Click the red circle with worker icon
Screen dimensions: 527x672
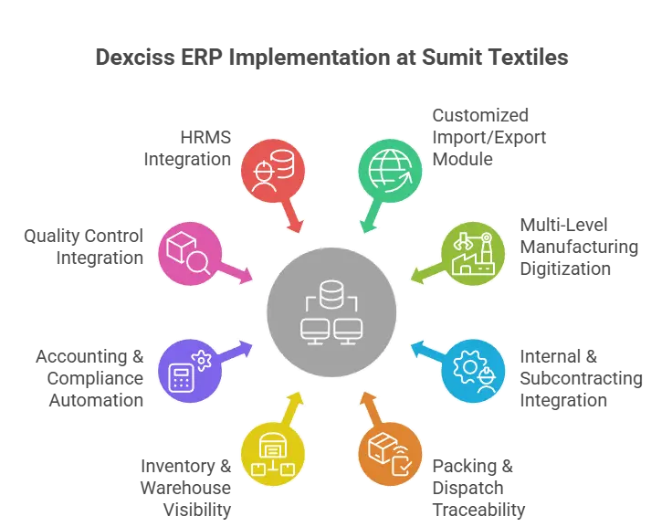coord(271,169)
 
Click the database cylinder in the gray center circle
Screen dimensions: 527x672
coord(331,295)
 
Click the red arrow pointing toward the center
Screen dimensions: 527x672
coord(295,219)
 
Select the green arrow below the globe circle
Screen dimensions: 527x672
coord(368,219)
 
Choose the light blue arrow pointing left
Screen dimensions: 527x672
coord(423,349)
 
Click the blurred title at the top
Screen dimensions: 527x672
coord(333,57)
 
